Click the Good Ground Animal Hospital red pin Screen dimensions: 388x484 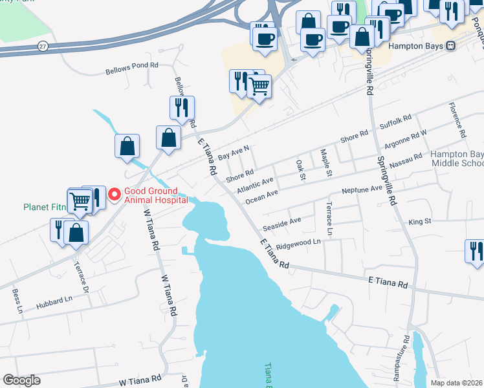coord(115,194)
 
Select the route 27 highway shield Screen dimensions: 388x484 coord(43,46)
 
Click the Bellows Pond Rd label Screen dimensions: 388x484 coord(132,65)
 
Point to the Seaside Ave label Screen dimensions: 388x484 coord(281,224)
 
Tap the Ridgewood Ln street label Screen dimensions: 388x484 coord(298,242)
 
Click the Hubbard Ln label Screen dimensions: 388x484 coord(54,301)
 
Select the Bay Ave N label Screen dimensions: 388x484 coord(234,153)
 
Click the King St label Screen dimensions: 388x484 coord(420,221)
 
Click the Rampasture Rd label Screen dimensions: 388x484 coord(406,358)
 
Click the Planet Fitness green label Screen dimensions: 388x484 coord(45,208)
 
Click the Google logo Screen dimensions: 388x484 coord(21,380)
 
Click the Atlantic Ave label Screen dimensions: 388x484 coord(255,185)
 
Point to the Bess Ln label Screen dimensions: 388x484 coord(17,301)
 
